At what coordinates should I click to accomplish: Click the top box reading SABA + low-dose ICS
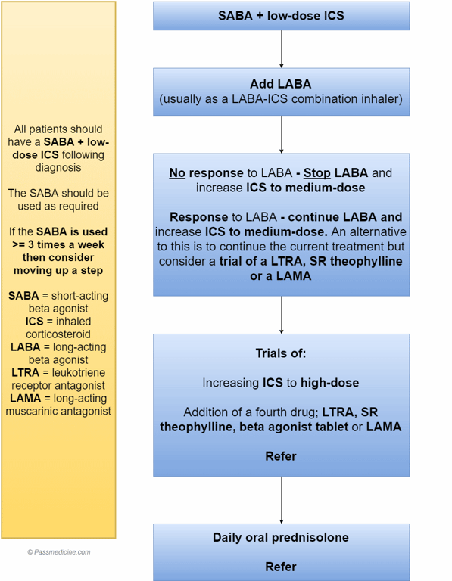pyautogui.click(x=281, y=16)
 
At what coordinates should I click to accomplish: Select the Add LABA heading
pyautogui.click(x=281, y=84)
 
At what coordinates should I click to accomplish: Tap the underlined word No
pyautogui.click(x=177, y=173)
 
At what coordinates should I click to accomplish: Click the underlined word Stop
pyautogui.click(x=317, y=173)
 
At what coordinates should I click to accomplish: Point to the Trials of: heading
pyautogui.click(x=281, y=353)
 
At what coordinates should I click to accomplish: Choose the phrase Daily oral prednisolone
pyautogui.click(x=281, y=538)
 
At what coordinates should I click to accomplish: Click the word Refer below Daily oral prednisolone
pyautogui.click(x=281, y=567)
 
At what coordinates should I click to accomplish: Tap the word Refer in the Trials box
pyautogui.click(x=281, y=456)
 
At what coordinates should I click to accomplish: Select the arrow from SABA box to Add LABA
pyautogui.click(x=281, y=49)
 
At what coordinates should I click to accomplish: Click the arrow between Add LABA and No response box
pyautogui.click(x=281, y=135)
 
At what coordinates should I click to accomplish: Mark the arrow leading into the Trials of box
pyautogui.click(x=281, y=315)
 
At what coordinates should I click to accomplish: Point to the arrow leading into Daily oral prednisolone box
pyautogui.click(x=281, y=500)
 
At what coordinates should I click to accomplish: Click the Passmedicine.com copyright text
pyautogui.click(x=58, y=552)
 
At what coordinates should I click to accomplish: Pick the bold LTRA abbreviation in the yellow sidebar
pyautogui.click(x=26, y=373)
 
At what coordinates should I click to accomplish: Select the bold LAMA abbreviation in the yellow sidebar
pyautogui.click(x=26, y=399)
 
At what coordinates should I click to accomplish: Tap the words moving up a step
pyautogui.click(x=58, y=271)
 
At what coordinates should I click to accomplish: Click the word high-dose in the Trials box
pyautogui.click(x=329, y=383)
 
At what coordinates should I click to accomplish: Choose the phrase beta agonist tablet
pyautogui.click(x=294, y=427)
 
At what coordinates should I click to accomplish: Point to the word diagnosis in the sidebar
pyautogui.click(x=58, y=168)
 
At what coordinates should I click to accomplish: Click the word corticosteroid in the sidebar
pyautogui.click(x=58, y=334)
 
